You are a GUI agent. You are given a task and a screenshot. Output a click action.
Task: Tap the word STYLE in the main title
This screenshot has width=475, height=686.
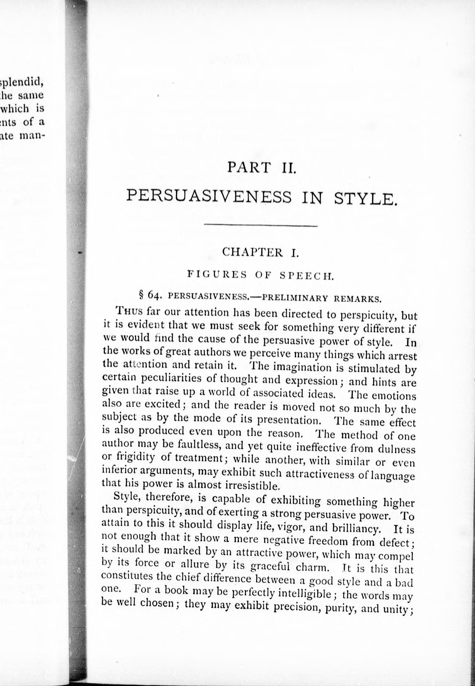coord(365,200)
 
